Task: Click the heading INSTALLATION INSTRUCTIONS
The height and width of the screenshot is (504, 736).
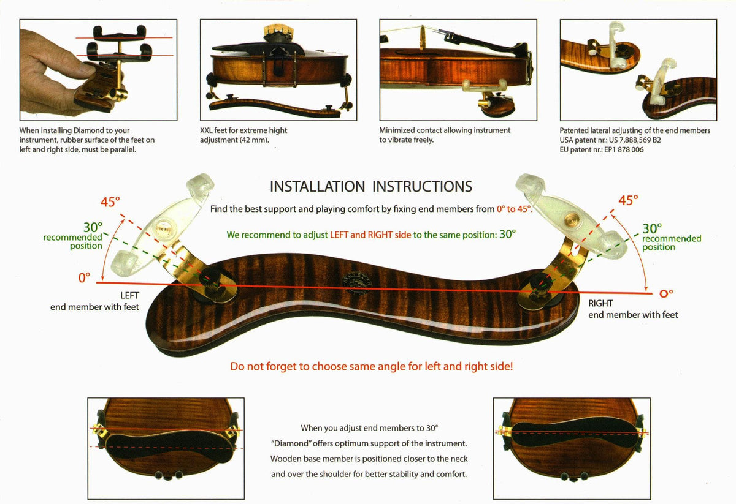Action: pyautogui.click(x=371, y=186)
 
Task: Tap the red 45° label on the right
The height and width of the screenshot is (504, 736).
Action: pyautogui.click(x=628, y=200)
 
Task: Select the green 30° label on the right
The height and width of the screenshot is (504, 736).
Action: pyautogui.click(x=651, y=228)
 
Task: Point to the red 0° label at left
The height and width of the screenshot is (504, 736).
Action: pyautogui.click(x=84, y=277)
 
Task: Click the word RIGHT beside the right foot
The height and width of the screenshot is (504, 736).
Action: pyautogui.click(x=600, y=303)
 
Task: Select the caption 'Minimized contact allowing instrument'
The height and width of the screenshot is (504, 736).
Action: pyautogui.click(x=445, y=130)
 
